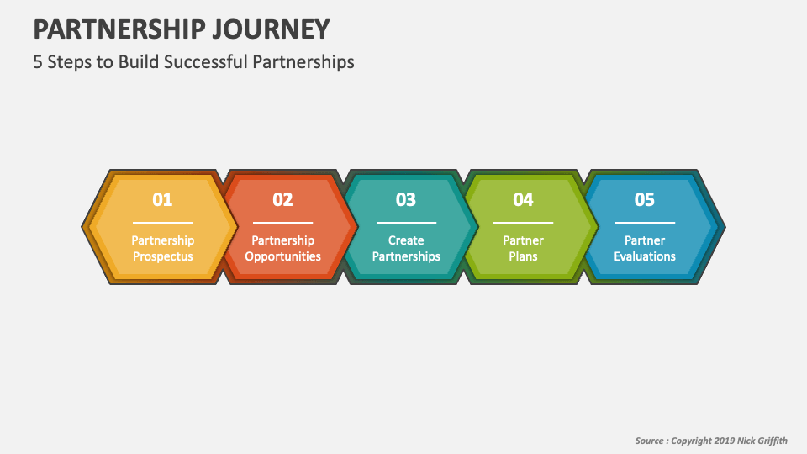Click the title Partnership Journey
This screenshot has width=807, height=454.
tap(181, 29)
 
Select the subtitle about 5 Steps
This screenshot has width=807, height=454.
tap(193, 62)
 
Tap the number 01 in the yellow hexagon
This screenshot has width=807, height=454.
tap(162, 199)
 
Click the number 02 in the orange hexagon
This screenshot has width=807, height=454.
tap(282, 199)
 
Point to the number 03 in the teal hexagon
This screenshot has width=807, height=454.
tap(406, 199)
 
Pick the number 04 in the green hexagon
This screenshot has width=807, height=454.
tap(523, 199)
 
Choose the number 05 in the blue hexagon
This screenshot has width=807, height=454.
tap(644, 199)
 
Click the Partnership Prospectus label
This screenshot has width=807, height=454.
tap(162, 248)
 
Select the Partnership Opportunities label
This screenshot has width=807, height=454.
tap(282, 248)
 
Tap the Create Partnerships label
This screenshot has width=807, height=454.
tap(406, 248)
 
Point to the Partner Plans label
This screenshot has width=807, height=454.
tap(523, 248)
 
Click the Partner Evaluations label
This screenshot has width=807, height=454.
tap(644, 248)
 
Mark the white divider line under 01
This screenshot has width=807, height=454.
tap(162, 223)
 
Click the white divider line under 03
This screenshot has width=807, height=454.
tap(406, 223)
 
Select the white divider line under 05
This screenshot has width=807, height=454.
tap(644, 223)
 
